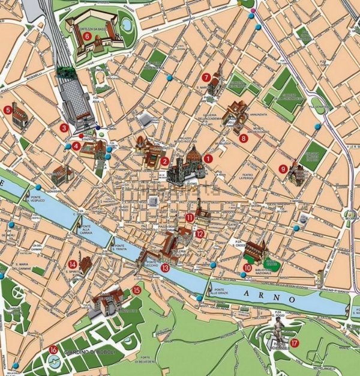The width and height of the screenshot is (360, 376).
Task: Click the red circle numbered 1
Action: (x=208, y=158)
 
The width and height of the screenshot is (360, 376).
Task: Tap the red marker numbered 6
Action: (x=88, y=36)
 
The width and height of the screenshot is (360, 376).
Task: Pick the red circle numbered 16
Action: (x=54, y=350)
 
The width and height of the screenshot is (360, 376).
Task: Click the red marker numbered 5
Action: (x=8, y=109)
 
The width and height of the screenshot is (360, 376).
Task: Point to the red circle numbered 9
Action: (x=284, y=169)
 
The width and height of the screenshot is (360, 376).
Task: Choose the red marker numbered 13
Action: (x=165, y=268)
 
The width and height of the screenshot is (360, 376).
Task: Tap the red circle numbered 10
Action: (x=247, y=268)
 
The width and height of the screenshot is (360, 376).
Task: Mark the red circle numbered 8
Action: (x=243, y=138)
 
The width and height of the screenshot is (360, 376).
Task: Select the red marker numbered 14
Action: (x=73, y=264)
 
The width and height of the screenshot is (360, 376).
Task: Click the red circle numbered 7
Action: (x=206, y=77)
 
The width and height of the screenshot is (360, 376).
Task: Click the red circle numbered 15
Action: (x=136, y=290)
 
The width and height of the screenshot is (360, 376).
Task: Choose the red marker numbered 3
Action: (x=64, y=127)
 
